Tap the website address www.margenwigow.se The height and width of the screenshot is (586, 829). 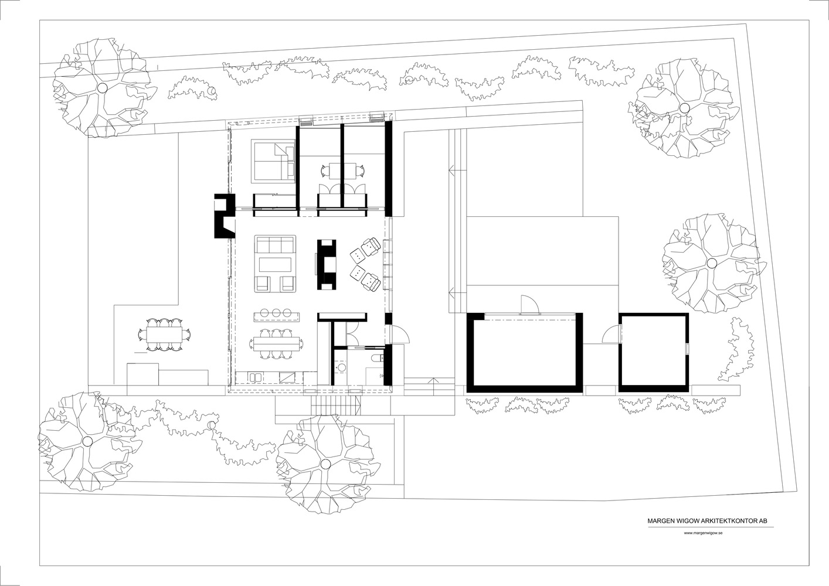coord(703,533)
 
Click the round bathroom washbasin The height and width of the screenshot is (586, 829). coord(341,367)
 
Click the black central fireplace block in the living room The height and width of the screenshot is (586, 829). coord(327,264)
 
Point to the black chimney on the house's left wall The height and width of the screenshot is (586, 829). coord(223,216)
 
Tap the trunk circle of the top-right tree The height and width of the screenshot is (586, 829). coord(684,108)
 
